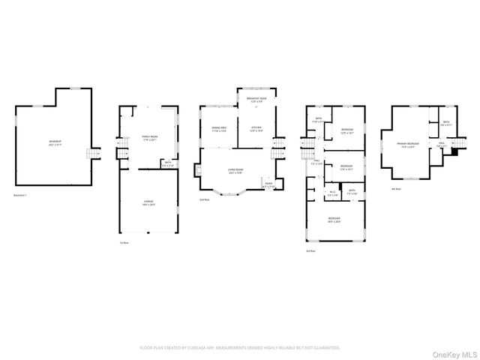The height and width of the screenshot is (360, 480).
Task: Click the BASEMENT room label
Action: point(55,142)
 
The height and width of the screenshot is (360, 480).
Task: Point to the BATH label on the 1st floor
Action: point(168,164)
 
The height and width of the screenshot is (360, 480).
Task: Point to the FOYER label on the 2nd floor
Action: point(268,185)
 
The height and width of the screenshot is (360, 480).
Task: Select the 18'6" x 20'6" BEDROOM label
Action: point(334,220)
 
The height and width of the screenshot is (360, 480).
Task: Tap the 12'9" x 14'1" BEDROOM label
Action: point(347,132)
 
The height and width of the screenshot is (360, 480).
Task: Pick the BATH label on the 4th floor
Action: point(445,124)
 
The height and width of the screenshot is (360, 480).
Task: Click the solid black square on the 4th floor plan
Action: point(452,153)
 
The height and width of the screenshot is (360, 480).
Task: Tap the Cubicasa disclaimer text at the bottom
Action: point(240,348)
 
